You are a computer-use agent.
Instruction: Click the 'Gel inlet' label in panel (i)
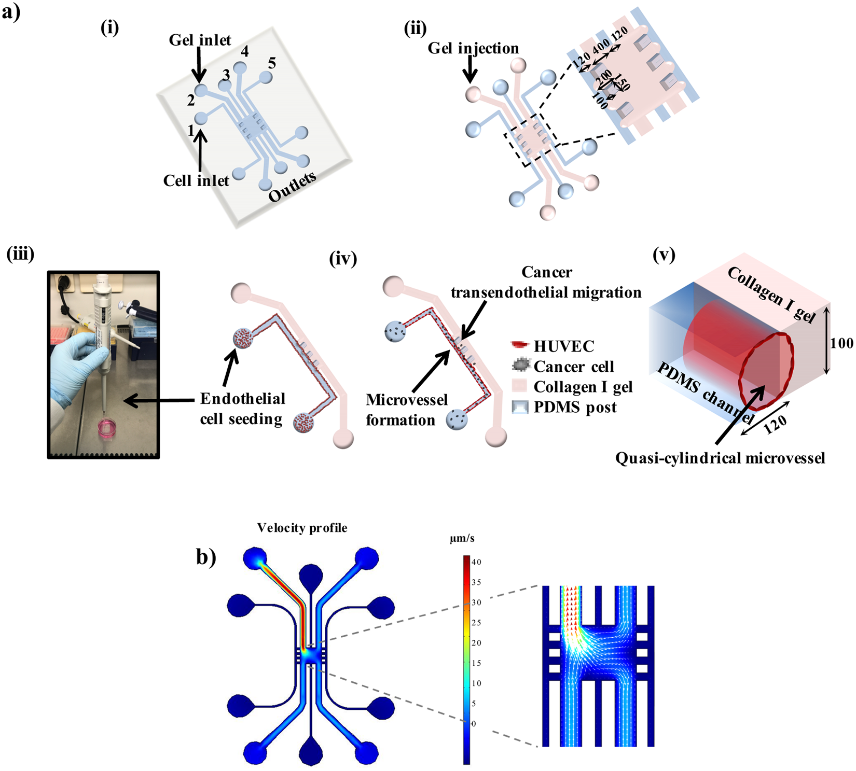click(x=200, y=40)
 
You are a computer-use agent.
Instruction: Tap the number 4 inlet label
click(x=244, y=51)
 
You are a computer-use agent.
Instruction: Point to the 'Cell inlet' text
click(x=196, y=180)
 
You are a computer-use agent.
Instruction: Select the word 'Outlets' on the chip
click(x=292, y=187)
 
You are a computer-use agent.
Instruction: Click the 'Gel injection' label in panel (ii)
click(x=473, y=48)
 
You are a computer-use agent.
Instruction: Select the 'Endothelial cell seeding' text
click(x=242, y=409)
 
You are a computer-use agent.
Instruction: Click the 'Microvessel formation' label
click(x=406, y=410)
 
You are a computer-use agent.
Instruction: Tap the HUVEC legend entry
click(x=563, y=346)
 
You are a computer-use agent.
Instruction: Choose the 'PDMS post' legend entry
click(x=575, y=407)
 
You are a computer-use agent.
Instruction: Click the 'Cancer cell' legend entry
click(x=573, y=367)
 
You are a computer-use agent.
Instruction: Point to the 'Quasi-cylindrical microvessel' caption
click(x=720, y=458)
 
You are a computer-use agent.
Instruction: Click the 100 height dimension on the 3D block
click(x=841, y=343)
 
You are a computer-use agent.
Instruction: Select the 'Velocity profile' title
click(x=302, y=528)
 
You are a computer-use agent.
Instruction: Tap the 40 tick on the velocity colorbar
click(x=476, y=562)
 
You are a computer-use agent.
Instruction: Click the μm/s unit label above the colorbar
click(x=462, y=539)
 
